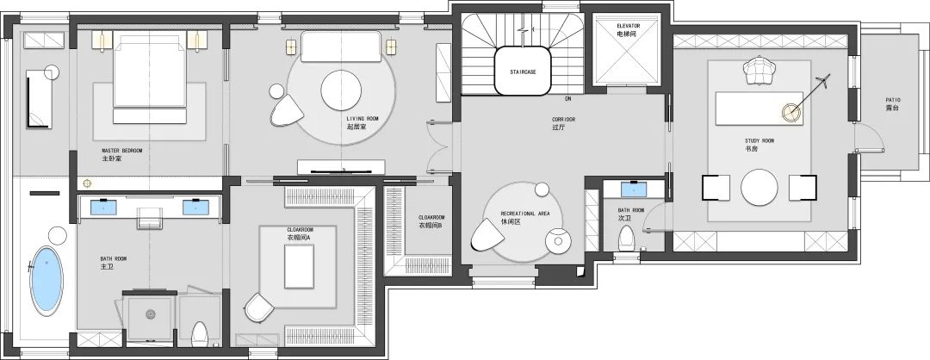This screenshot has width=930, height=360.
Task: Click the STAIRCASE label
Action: click(x=524, y=71)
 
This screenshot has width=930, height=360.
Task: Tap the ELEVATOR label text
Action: click(x=628, y=26)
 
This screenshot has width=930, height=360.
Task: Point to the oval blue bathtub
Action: click(x=46, y=281)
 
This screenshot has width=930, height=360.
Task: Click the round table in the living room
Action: click(x=341, y=90)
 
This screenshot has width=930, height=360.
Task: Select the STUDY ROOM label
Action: click(x=759, y=141)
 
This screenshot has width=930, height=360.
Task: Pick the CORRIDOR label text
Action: click(x=563, y=119)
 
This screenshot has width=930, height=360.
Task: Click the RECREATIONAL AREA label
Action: click(x=526, y=214)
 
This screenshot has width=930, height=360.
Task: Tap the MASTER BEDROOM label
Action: click(x=122, y=151)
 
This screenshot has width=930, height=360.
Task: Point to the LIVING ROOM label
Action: click(x=362, y=119)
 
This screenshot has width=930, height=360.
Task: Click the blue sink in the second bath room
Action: click(x=634, y=189)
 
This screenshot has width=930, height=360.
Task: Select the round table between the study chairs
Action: click(x=759, y=188)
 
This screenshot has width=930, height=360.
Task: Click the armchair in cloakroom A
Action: click(x=258, y=307)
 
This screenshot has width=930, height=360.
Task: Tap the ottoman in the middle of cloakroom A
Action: click(x=299, y=266)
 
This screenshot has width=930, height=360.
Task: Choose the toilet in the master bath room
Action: click(x=200, y=334)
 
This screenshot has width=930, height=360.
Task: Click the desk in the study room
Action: click(x=759, y=109)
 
